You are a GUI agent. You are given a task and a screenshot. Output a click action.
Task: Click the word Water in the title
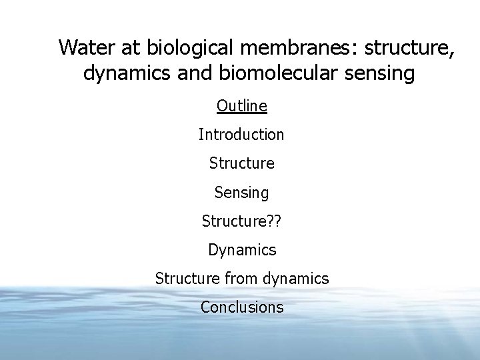pos(86,48)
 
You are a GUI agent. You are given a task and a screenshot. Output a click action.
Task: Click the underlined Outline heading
pos(241,105)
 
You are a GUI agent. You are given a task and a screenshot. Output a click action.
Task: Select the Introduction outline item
pos(241,134)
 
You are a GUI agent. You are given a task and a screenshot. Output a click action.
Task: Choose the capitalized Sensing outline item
pos(241,193)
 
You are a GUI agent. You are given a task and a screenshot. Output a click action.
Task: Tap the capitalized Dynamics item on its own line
pos(241,250)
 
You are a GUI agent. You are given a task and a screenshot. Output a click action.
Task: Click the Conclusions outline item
pos(241,307)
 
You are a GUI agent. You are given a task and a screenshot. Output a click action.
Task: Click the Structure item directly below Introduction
pos(241,163)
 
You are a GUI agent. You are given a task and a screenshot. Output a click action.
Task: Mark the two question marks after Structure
pos(273,221)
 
